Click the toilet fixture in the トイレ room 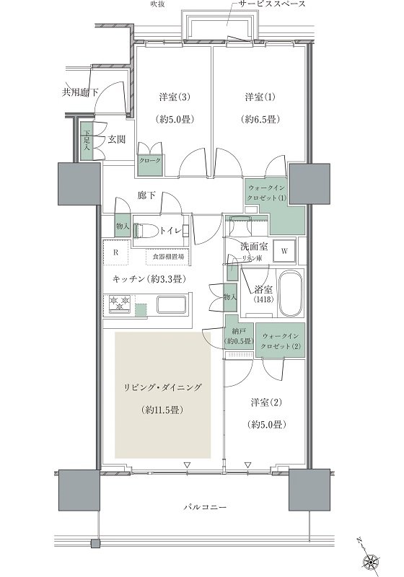tap(148, 231)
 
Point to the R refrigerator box tap(116, 253)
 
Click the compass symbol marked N tap(374, 559)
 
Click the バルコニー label tap(204, 508)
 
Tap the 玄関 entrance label tap(118, 139)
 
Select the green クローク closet tap(150, 162)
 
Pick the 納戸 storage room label tap(238, 336)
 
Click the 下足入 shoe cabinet tap(87, 138)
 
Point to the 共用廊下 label tap(80, 92)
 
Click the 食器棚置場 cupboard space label tap(167, 256)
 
